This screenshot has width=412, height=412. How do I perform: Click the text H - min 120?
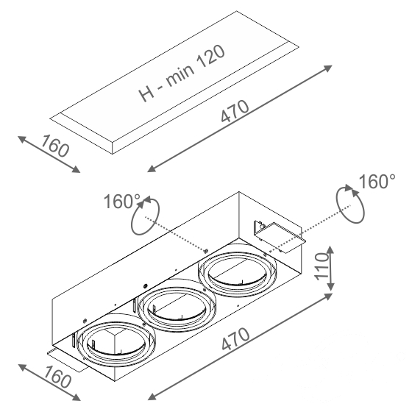click(182, 74)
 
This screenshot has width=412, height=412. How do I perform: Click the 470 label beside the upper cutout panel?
click(235, 111)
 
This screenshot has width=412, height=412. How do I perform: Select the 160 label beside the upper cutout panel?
click(55, 146)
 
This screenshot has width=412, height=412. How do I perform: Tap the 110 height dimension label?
click(322, 266)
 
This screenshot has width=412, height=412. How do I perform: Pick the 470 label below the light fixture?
click(235, 339)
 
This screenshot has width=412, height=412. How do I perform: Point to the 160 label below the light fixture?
click(57, 377)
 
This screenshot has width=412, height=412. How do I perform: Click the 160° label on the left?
click(122, 202)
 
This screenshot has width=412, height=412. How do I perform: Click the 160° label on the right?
click(377, 181)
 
